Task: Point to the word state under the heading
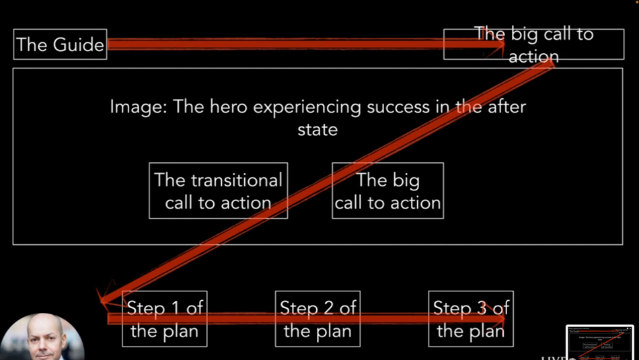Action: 317,130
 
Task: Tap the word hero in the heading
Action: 228,107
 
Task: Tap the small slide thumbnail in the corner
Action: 600,343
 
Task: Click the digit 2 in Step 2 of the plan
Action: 328,308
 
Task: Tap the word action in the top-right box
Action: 533,57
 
